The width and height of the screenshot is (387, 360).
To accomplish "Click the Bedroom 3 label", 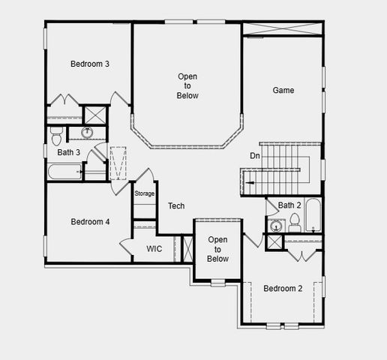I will click(90, 64).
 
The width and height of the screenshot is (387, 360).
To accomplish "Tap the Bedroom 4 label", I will click(90, 221).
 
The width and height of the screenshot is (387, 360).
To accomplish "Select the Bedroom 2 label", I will click(283, 289).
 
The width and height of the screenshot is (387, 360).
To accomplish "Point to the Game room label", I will click(283, 90).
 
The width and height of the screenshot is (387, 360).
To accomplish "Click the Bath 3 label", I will click(69, 153).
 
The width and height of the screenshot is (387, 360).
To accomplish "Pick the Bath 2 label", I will click(289, 205).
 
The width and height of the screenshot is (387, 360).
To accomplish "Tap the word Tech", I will click(176, 205).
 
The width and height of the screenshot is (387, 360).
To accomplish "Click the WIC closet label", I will click(154, 248).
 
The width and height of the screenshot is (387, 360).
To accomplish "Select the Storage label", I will click(144, 193).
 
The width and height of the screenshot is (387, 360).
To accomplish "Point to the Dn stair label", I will click(255, 155).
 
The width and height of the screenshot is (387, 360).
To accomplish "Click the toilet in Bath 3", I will click(55, 135).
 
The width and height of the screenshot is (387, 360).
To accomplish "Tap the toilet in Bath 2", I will click(295, 222).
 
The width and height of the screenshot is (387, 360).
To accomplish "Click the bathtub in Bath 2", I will click(313, 216).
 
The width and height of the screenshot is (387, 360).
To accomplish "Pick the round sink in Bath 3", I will click(86, 133).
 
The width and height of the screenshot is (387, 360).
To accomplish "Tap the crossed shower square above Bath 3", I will click(94, 115).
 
